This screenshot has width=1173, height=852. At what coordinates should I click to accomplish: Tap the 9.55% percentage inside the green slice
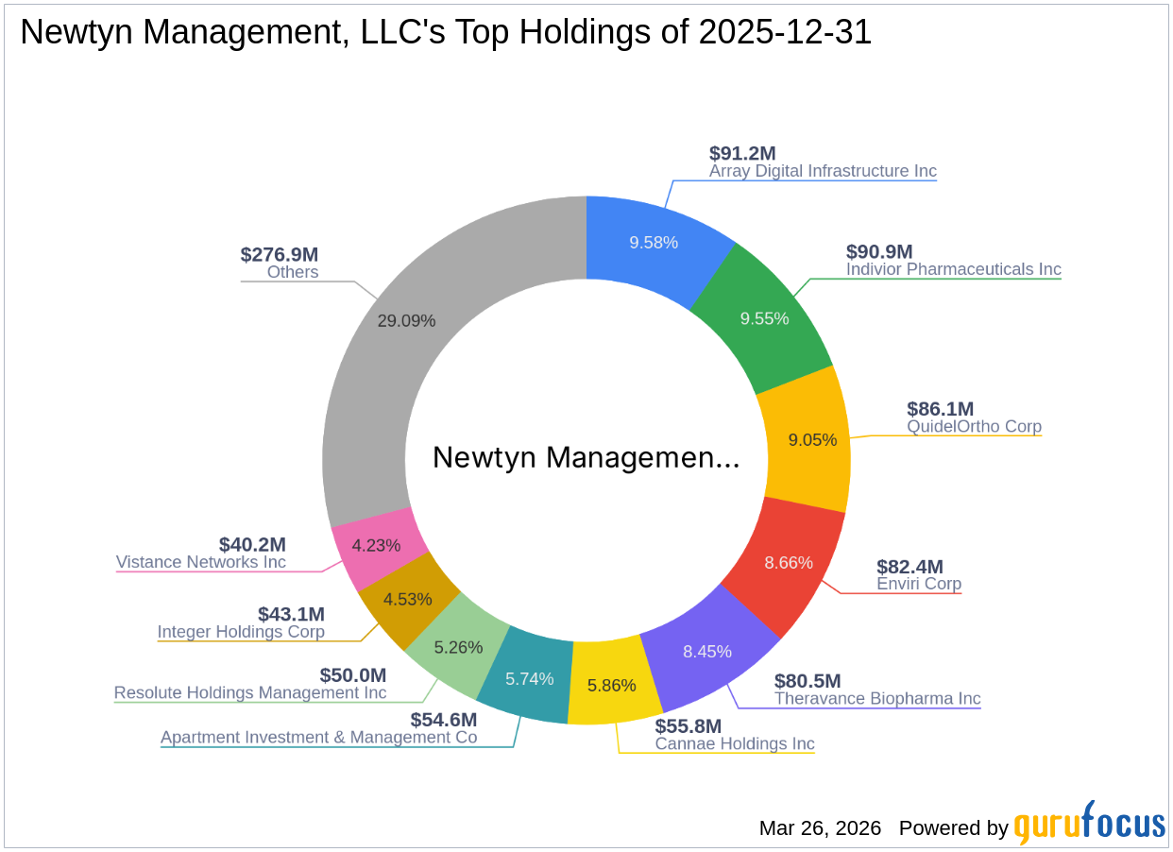(764, 318)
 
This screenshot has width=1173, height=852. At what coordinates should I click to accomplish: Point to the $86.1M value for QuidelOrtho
(940, 409)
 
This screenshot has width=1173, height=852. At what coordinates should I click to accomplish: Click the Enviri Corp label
(919, 584)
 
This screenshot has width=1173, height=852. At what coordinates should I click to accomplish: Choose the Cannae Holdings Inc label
(735, 743)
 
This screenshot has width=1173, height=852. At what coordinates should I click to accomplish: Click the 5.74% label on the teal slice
(529, 677)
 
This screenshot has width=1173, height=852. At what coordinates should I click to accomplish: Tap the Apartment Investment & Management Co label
(318, 737)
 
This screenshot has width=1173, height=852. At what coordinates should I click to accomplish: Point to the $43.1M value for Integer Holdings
(291, 614)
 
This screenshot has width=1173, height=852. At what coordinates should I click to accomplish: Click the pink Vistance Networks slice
(376, 546)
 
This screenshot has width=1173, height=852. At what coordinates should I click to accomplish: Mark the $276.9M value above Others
(280, 254)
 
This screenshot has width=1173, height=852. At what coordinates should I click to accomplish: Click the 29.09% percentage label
(406, 320)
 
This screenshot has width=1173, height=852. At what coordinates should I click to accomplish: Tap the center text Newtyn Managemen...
(586, 458)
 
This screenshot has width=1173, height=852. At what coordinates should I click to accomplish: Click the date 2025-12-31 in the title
(785, 33)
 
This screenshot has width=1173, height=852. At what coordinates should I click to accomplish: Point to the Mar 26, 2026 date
(820, 828)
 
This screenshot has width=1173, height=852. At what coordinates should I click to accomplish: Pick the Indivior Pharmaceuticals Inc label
(953, 269)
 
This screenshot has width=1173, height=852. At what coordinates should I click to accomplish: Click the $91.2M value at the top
(742, 153)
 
